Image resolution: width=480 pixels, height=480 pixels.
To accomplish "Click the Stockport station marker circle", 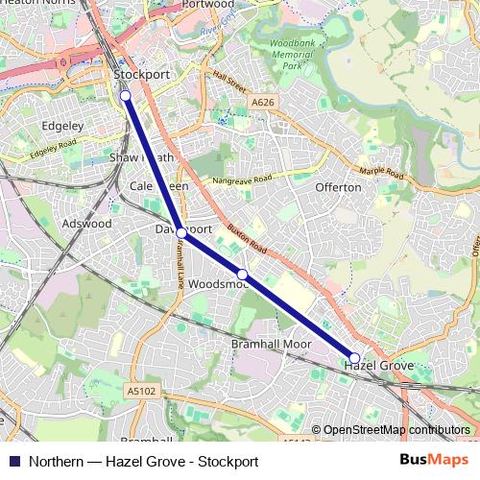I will pos(125,95).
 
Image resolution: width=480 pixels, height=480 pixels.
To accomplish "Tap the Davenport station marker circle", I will pos(181,232).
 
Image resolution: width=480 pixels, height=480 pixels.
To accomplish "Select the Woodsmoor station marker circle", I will pos(243,275).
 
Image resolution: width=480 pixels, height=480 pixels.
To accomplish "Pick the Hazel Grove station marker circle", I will pos(355,357).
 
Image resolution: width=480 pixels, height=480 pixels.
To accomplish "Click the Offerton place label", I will pos(338,187).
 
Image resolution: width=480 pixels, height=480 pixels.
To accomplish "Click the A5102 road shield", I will pos(140,391).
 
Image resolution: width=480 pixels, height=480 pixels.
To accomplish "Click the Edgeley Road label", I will pos(53,150).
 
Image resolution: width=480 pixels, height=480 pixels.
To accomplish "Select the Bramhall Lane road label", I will pos(179,265).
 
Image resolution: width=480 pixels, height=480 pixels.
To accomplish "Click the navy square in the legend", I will pos(12,461).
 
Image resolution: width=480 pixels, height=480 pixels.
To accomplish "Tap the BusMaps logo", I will pos(433,460).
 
